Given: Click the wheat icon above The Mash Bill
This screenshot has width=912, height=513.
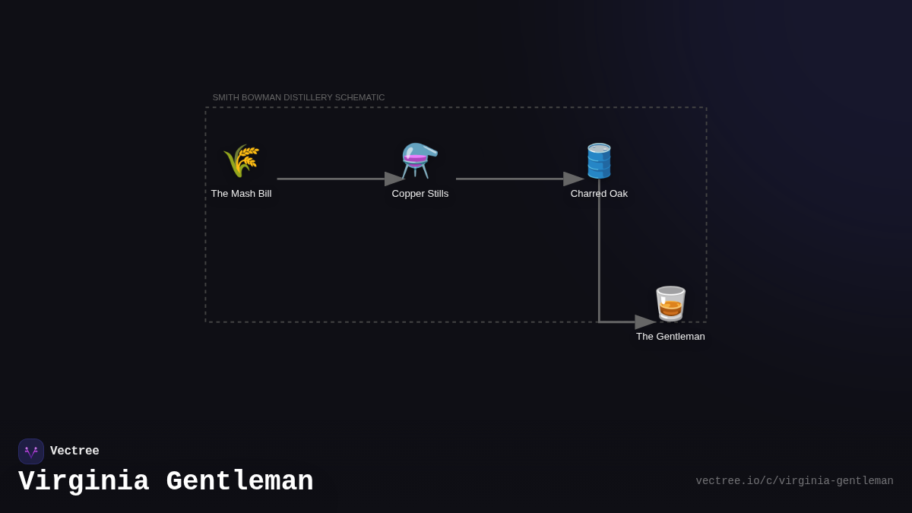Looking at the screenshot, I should [241, 160].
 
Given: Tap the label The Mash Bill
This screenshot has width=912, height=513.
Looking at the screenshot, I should [241, 194].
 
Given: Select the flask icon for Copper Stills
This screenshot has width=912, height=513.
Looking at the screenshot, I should [420, 160].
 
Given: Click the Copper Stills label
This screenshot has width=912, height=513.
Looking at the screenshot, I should [420, 194].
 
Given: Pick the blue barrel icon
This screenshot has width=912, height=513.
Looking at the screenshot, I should [599, 160].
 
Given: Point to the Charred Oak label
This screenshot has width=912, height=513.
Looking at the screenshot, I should [599, 194].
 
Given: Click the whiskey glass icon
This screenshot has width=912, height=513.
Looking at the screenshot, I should [670, 303].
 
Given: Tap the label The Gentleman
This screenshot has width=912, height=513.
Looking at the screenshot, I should [670, 337].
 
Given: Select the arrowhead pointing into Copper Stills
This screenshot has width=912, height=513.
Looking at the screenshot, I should [394, 179].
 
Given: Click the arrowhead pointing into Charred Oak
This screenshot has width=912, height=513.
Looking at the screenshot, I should [573, 179].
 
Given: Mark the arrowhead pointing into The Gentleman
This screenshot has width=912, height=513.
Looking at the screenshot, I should [645, 322].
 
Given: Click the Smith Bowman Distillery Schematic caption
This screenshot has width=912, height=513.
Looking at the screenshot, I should [299, 97].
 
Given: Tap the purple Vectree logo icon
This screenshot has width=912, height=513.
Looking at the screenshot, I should [31, 451].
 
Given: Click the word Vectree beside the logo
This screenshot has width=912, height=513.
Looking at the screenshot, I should [74, 451].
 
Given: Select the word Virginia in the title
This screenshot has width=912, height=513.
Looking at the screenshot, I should [84, 482].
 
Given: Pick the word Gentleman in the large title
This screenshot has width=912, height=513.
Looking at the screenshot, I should [239, 482].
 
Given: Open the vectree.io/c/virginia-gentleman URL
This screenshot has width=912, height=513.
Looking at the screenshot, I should [794, 481].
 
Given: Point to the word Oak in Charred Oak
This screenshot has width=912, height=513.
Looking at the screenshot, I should [618, 194].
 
